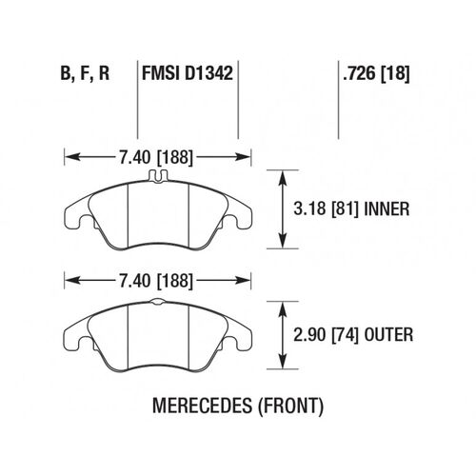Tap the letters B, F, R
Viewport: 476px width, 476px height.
coord(84,72)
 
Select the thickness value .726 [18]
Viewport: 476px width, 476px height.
coord(373,72)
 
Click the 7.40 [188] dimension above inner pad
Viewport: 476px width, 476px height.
coord(157,153)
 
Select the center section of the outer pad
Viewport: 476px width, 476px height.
coord(158,333)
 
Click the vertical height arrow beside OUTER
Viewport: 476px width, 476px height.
coord(282,334)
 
